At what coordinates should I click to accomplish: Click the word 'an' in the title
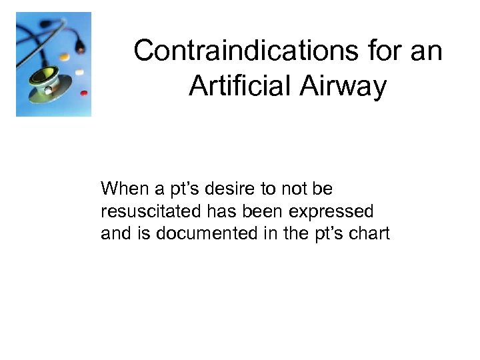428,51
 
